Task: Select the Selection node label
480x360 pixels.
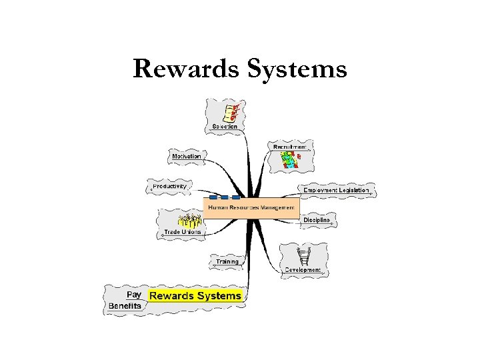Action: point(225,126)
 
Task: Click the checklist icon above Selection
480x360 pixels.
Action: point(230,111)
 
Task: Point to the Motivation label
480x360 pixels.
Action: point(187,157)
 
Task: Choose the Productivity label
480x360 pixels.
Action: point(170,187)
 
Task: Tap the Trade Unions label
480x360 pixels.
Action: point(182,233)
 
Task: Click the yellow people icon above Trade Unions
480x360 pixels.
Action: point(190,221)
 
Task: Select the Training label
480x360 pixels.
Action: point(227,262)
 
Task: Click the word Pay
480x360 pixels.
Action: point(133,294)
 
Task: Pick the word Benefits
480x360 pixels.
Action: point(125,306)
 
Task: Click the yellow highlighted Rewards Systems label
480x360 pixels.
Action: point(195,295)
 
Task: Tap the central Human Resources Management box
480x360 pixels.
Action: point(251,208)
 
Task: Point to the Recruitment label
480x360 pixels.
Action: point(290,146)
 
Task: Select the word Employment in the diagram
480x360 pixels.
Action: point(321,191)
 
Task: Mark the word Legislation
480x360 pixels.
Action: point(353,191)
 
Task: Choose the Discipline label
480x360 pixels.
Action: point(317,220)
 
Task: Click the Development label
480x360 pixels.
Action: point(303,270)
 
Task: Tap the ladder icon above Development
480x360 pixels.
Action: point(305,256)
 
